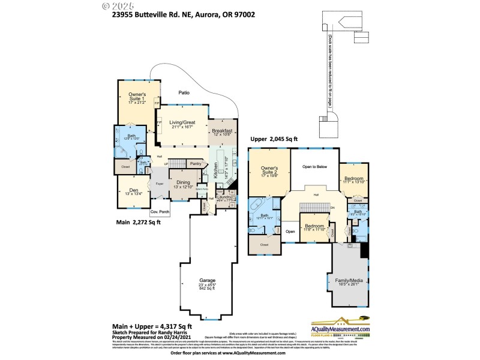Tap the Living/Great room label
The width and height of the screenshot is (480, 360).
[181, 123]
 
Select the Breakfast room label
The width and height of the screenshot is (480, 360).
[222, 131]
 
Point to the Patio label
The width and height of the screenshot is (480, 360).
[185, 92]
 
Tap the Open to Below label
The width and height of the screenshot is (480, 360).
[314, 167]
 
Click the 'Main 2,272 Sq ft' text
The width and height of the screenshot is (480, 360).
[140, 223]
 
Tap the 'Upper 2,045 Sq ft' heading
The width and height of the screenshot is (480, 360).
[274, 139]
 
